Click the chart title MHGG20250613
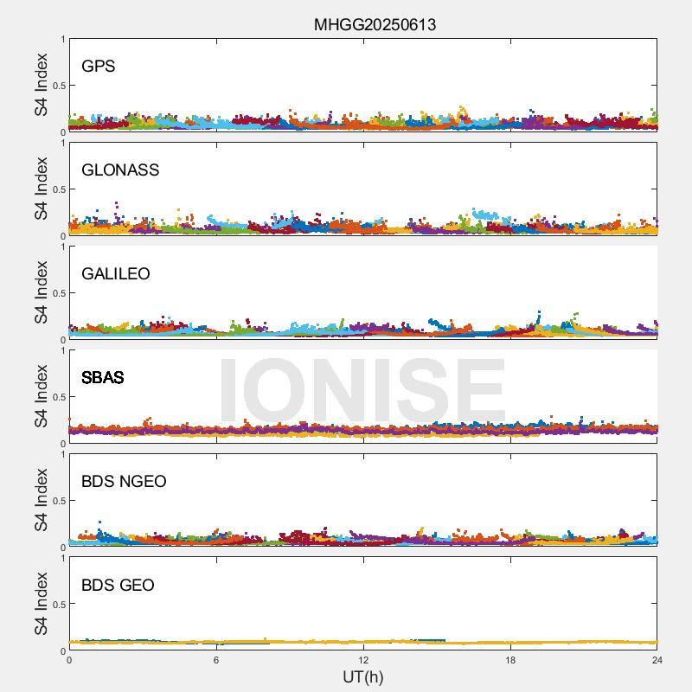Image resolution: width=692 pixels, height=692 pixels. (x=375, y=25)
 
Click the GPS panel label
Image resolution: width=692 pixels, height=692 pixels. (x=99, y=67)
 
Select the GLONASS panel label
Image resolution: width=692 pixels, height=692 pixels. (x=120, y=170)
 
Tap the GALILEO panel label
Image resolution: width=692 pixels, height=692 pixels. (x=116, y=274)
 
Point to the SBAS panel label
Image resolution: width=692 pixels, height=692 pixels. (x=103, y=378)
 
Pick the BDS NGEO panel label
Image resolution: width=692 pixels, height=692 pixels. (x=124, y=482)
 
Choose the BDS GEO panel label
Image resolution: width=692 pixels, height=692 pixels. (x=118, y=586)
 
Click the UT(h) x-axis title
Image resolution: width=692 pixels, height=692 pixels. (x=363, y=676)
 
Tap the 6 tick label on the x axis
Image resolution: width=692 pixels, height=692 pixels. (x=216, y=660)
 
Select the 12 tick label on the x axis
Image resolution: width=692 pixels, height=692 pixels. (x=363, y=660)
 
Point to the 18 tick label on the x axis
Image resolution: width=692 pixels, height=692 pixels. (x=510, y=660)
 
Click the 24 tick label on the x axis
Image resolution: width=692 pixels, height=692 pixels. (x=657, y=660)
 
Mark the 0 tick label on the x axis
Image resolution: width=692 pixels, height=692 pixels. (x=69, y=660)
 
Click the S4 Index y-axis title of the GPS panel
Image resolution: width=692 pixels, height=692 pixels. (x=42, y=85)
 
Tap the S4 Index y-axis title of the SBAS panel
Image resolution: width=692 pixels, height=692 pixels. (x=42, y=396)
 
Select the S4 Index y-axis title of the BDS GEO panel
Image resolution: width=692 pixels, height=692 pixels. (x=42, y=604)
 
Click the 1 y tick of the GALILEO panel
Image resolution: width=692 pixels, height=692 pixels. (x=62, y=247)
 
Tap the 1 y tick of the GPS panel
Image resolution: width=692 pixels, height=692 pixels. (x=62, y=40)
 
